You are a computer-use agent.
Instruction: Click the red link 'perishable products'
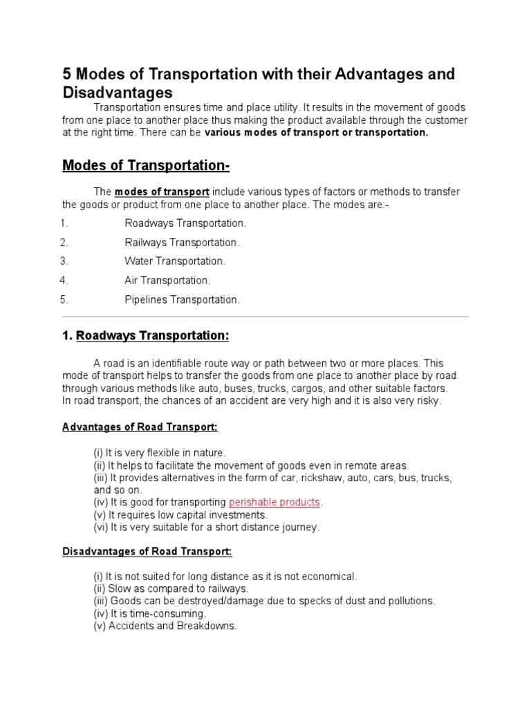point(274,502)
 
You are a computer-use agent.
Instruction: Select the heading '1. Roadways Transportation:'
point(145,335)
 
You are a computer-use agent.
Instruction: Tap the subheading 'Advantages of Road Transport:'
point(140,427)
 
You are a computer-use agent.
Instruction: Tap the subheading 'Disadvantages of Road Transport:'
point(147,551)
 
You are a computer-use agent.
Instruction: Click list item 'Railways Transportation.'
point(182,243)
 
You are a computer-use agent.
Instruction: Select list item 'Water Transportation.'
point(175,261)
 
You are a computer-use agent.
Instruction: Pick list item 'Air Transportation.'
point(167,281)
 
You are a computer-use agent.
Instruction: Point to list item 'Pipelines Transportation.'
point(182,299)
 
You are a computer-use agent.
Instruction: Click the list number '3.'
point(64,261)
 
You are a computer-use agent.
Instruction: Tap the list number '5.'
point(64,299)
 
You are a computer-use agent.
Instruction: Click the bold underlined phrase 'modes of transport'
point(162,192)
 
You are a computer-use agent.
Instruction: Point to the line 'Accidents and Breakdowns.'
point(165,626)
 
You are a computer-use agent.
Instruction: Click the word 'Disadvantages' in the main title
point(118,92)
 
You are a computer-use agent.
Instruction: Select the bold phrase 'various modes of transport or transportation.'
point(317,133)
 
